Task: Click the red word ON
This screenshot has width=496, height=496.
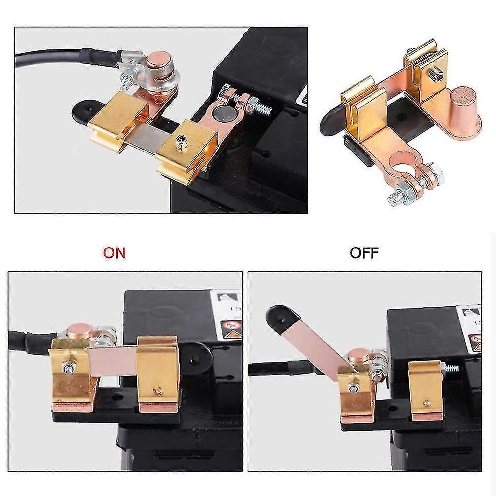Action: (x=114, y=252)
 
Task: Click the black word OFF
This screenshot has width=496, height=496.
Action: (x=364, y=252)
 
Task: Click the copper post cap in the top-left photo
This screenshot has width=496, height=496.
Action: (x=159, y=62)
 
